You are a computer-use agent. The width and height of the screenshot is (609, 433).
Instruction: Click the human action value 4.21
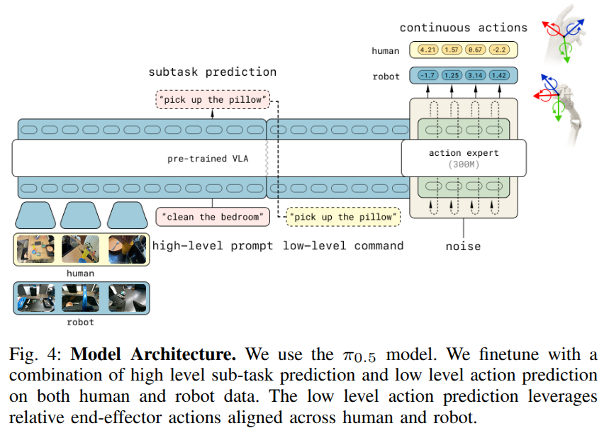[428, 50]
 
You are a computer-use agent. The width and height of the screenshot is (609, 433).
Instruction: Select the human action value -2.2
[500, 50]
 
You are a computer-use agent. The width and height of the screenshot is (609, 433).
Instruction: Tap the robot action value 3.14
[476, 75]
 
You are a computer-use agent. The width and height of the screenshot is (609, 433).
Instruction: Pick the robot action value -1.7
[428, 75]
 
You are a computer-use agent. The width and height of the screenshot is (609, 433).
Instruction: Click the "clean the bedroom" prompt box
[213, 215]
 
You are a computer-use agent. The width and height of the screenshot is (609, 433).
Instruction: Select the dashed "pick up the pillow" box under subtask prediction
[213, 100]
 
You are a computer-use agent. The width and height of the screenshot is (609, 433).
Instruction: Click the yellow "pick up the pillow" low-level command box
[342, 217]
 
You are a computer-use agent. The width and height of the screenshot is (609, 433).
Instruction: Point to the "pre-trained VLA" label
[208, 158]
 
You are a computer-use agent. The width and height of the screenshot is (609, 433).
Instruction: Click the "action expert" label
[464, 153]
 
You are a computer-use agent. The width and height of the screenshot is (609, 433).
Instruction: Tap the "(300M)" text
[464, 164]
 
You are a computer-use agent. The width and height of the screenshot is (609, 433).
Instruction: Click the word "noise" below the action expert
[463, 247]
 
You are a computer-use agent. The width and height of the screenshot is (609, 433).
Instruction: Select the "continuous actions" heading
[464, 28]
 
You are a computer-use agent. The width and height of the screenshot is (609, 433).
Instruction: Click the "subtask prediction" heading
[212, 72]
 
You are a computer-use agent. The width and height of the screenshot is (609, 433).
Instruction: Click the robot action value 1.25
[452, 75]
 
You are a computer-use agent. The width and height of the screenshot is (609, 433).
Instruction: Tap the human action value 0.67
[476, 50]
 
